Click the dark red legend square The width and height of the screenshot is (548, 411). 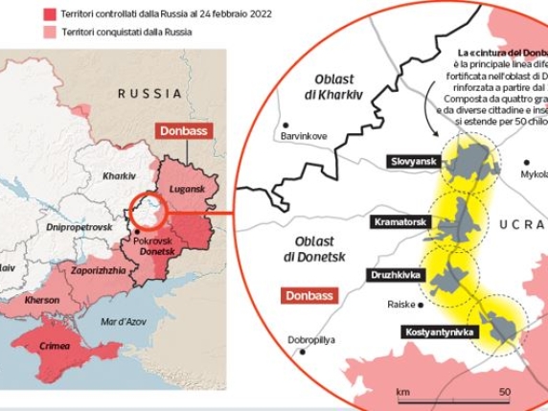48,15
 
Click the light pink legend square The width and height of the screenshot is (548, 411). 48,32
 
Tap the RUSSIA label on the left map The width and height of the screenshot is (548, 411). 149,93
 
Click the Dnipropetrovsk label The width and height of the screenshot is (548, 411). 80,227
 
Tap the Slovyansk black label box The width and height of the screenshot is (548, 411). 412,162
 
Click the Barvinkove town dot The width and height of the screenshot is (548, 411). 285,123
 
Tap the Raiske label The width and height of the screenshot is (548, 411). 400,305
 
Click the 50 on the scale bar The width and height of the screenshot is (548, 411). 503,393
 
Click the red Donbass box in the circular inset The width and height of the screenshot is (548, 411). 308,296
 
